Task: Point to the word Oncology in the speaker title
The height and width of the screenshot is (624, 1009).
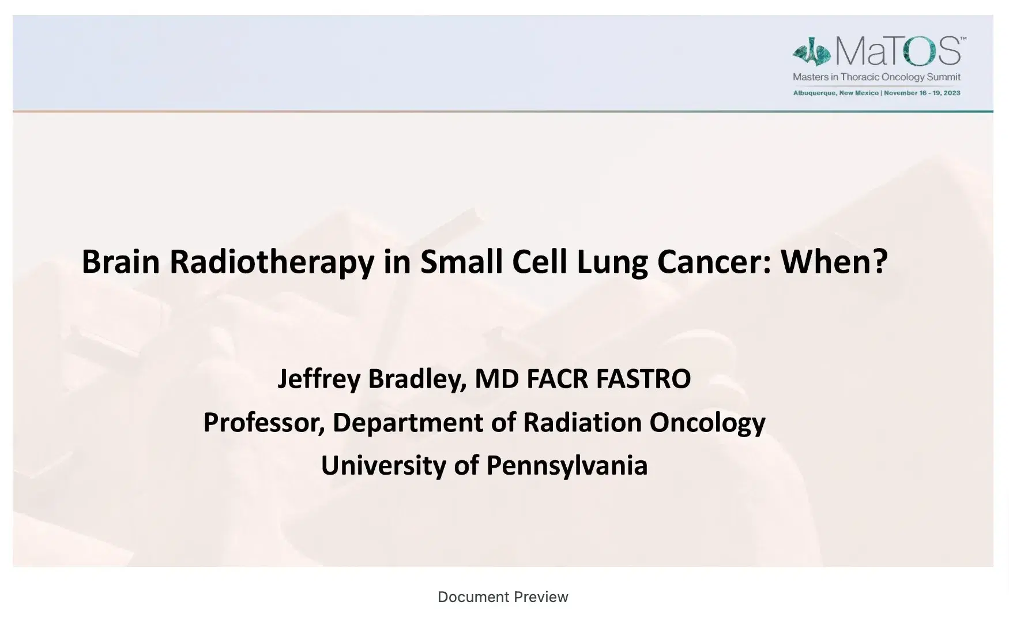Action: click(707, 423)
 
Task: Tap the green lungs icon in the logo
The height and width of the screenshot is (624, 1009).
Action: click(811, 52)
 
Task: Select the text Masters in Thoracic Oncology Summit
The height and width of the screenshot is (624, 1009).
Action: click(876, 77)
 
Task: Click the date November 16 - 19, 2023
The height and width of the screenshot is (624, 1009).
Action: click(923, 93)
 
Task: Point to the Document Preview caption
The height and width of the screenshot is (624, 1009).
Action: click(503, 597)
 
